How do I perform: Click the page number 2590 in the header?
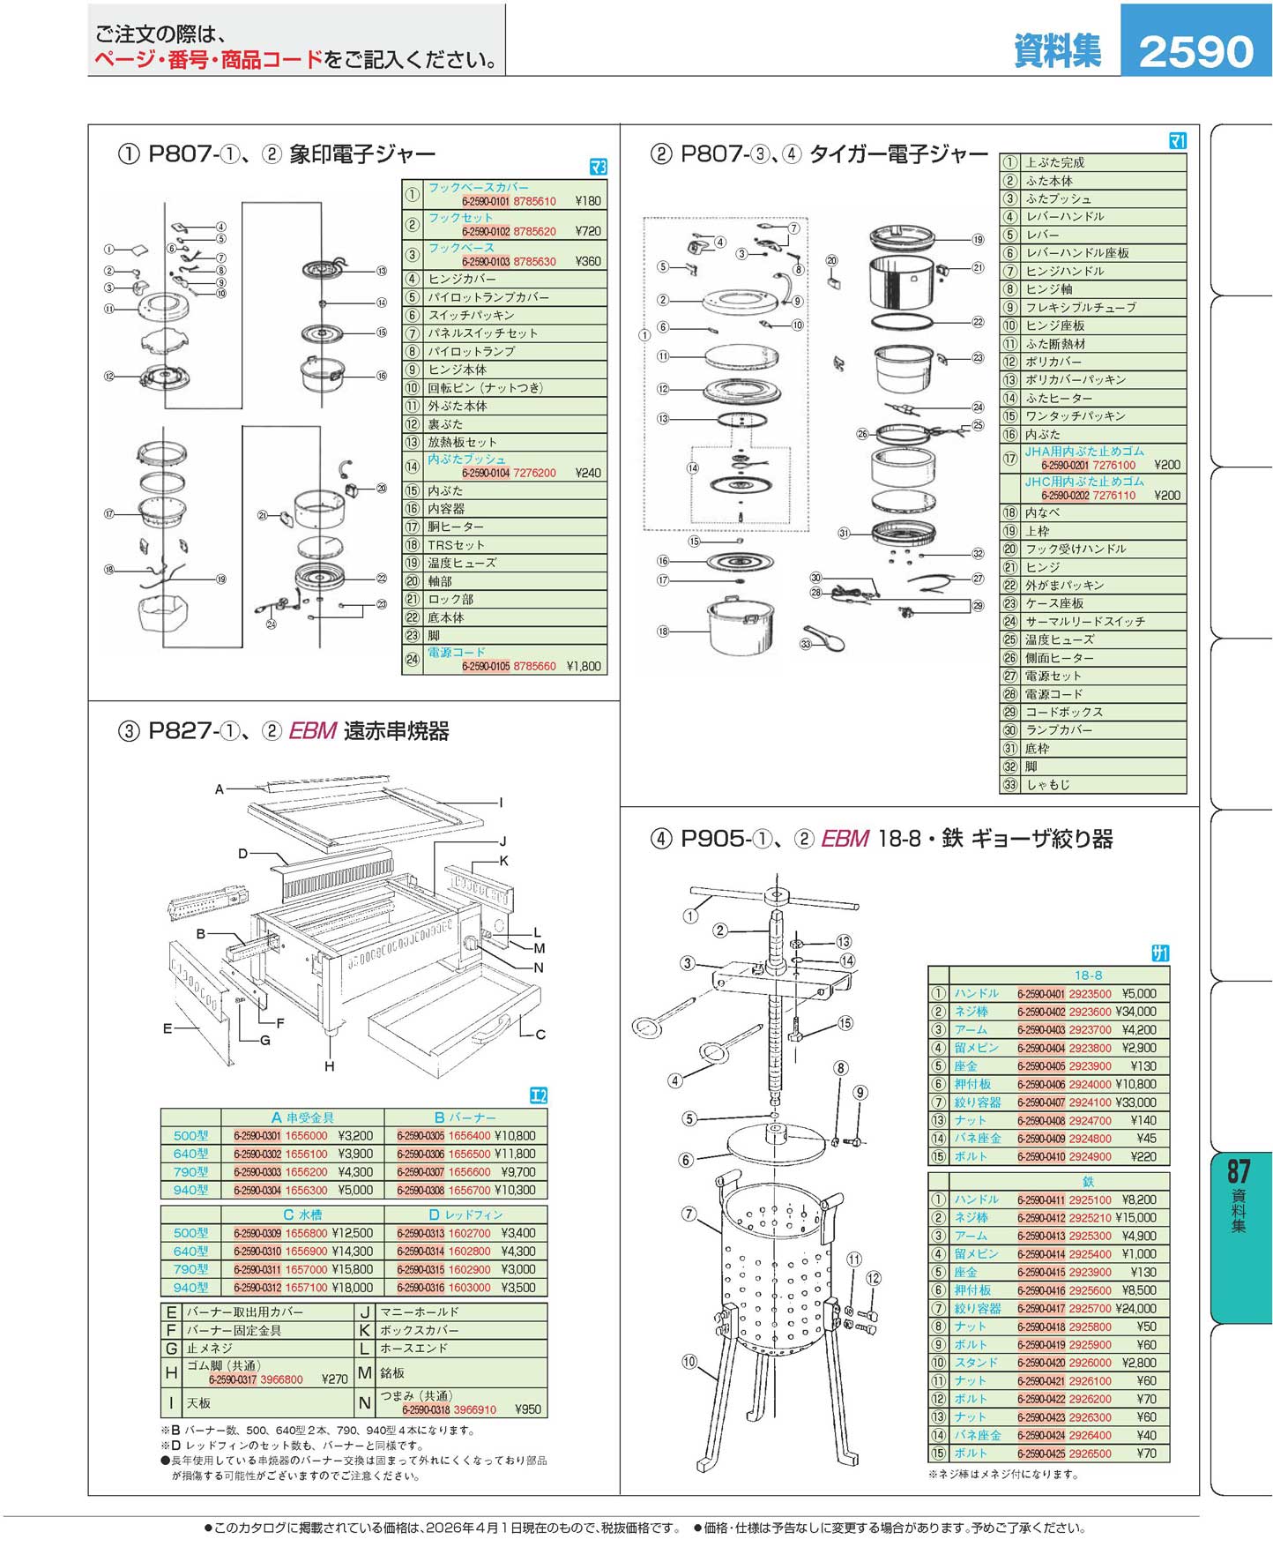1195,51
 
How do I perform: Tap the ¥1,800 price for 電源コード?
584,667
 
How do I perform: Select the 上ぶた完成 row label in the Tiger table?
1054,162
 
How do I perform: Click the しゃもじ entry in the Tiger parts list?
1047,784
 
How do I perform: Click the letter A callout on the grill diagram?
220,789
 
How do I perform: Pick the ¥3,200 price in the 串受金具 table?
355,1136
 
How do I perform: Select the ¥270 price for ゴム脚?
335,1379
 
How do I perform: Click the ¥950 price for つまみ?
528,1409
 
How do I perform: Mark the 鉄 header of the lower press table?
1088,1182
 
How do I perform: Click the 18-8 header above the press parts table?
1088,975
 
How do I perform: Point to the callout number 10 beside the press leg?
689,1362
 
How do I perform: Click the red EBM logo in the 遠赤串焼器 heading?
313,731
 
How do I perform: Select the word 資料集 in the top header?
1057,50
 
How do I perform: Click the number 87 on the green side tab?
1239,1171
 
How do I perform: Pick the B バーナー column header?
465,1117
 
